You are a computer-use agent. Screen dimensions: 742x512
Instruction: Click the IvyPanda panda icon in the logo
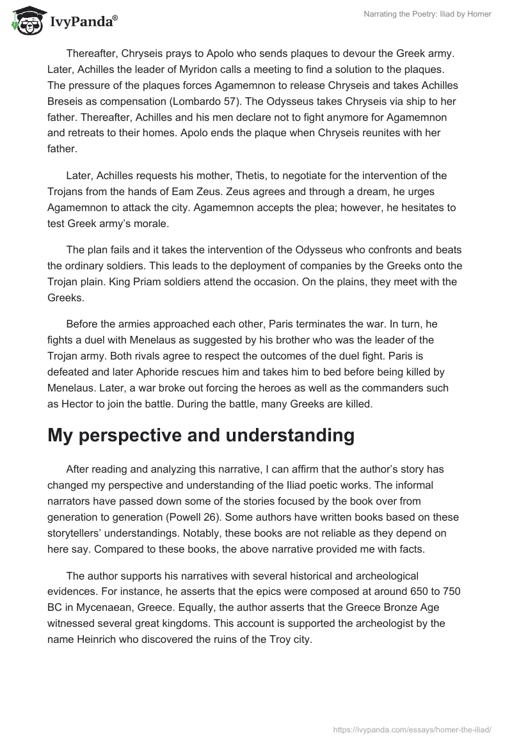tap(25, 21)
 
